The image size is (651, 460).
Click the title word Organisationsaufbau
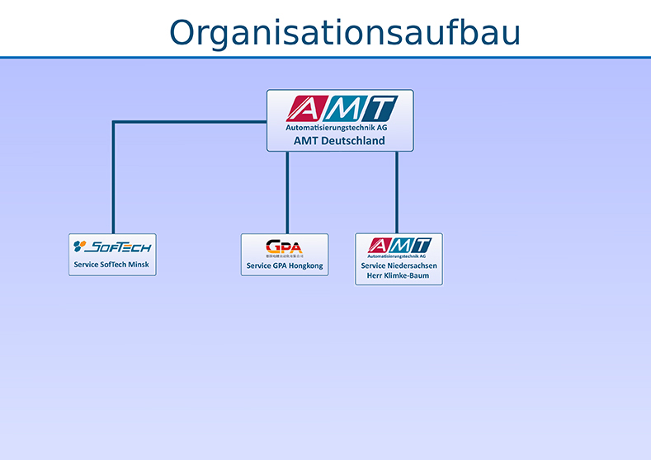tap(345, 33)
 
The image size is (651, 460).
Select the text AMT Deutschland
tap(339, 141)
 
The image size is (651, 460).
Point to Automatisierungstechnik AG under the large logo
tap(337, 129)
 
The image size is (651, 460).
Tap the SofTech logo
tap(112, 246)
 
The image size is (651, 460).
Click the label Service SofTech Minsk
tap(112, 265)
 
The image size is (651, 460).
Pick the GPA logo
tap(284, 246)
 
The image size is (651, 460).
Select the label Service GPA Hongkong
tap(285, 266)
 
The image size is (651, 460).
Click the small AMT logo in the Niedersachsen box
tap(399, 246)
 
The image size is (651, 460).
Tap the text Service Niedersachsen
tap(399, 265)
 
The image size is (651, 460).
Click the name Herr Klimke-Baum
tap(399, 275)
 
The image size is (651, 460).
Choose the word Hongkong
tap(304, 266)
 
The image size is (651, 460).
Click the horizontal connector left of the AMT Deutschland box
tap(190, 123)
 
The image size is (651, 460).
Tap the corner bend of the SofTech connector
tap(114, 123)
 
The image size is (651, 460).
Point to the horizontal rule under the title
tap(325, 58)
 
